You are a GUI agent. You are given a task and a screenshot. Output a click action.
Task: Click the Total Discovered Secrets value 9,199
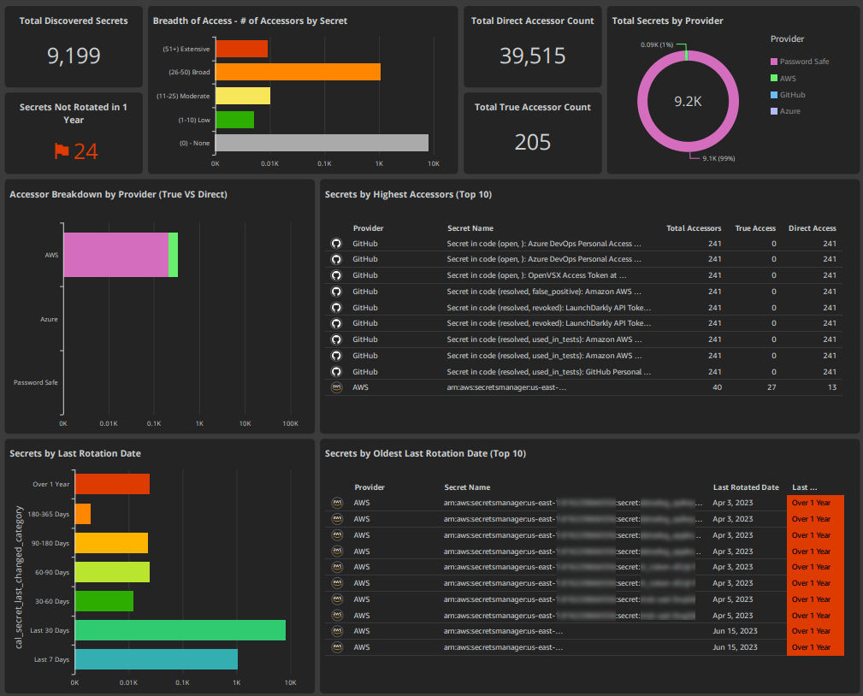[74, 56]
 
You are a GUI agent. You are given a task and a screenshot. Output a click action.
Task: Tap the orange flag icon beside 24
[62, 151]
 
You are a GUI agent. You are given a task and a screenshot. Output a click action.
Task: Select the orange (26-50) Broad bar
[298, 72]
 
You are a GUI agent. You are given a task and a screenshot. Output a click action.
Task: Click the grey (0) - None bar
[322, 143]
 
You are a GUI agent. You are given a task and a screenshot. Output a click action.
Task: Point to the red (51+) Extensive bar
[241, 49]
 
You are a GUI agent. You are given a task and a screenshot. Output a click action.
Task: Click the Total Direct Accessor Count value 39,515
[532, 56]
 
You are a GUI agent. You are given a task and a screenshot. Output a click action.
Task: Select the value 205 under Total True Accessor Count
[532, 142]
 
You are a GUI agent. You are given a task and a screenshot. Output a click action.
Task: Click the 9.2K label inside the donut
[688, 101]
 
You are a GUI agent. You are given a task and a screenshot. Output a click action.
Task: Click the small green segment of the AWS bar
[173, 255]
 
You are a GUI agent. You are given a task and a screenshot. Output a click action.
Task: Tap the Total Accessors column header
[693, 228]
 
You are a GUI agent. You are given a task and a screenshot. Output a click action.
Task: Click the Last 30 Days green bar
[180, 630]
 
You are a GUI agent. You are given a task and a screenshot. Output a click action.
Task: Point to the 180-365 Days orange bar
[83, 514]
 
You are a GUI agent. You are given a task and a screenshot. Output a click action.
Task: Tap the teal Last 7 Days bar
[156, 659]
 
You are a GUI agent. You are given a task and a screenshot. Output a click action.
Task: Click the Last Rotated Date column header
[746, 487]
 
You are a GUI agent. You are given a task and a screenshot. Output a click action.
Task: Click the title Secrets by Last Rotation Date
[75, 453]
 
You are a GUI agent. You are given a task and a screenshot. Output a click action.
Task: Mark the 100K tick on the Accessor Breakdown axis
[290, 423]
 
